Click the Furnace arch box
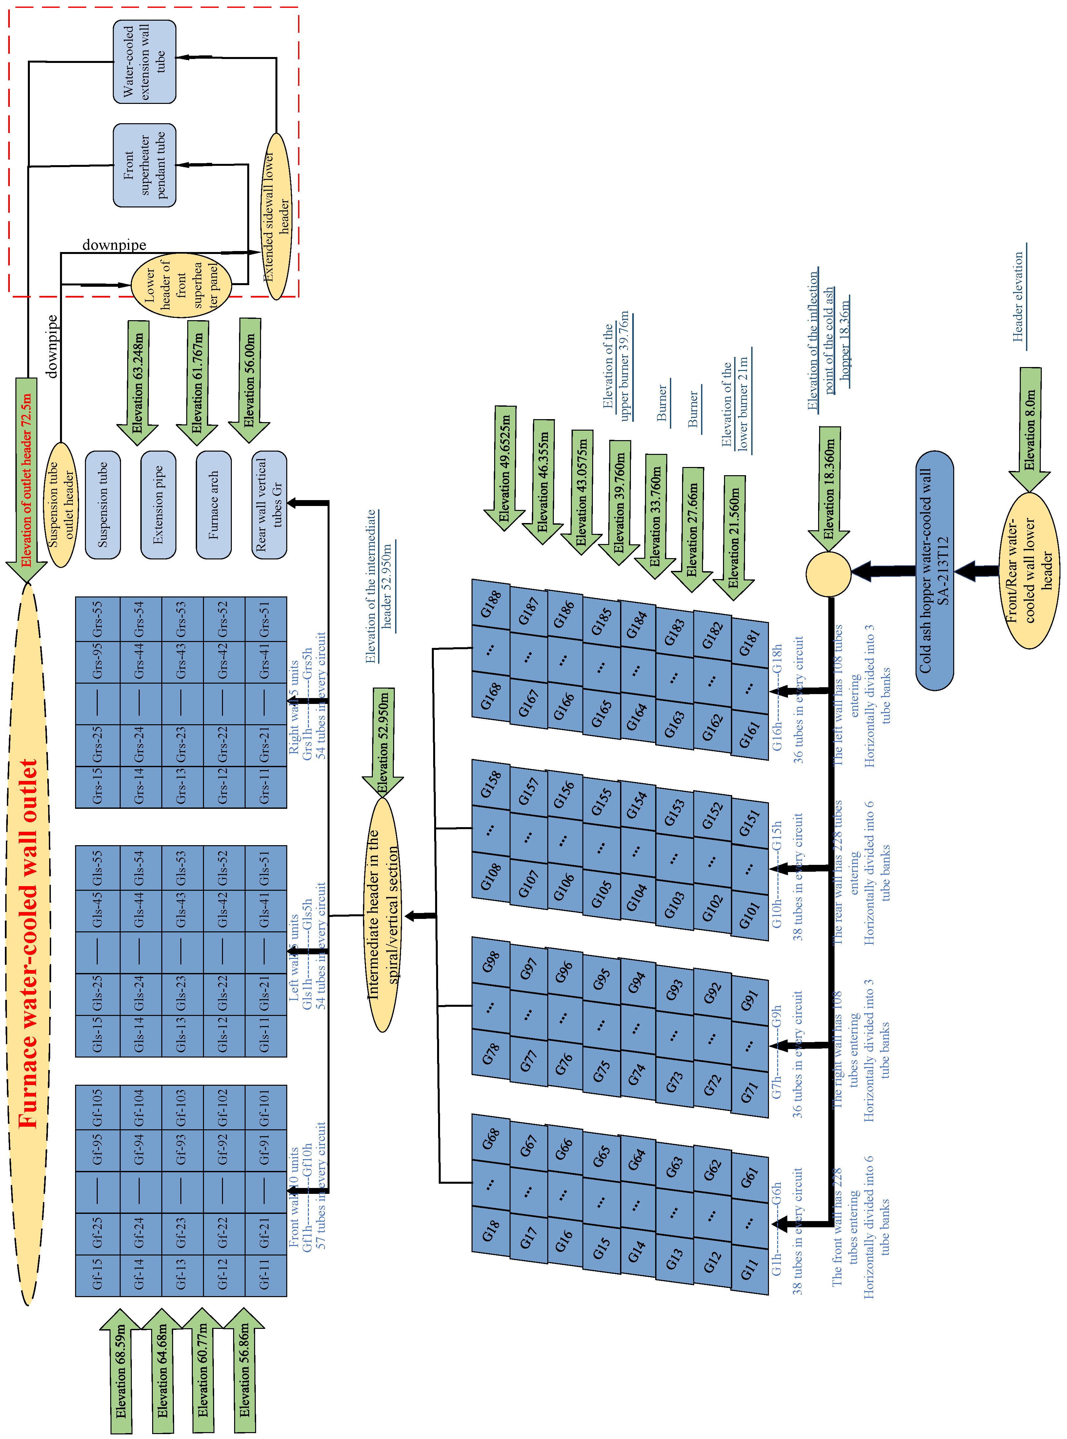[x=214, y=504]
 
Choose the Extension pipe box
[x=158, y=504]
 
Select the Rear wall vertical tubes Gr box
[x=269, y=504]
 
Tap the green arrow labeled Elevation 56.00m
[x=249, y=379]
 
